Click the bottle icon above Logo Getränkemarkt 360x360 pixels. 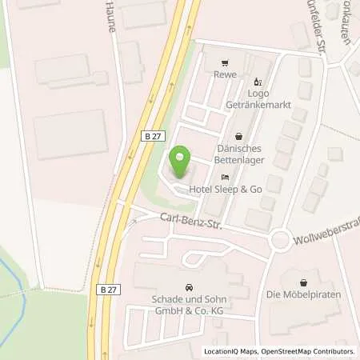pos(257,81)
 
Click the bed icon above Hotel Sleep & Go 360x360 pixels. pos(226,177)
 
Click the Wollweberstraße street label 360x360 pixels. pos(324,227)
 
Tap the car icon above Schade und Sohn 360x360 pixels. pos(189,287)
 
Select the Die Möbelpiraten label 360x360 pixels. pos(306,294)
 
